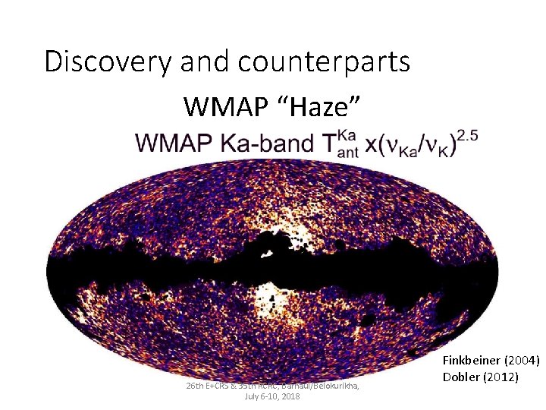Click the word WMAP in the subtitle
(x=221, y=106)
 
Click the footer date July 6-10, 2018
(x=273, y=396)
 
